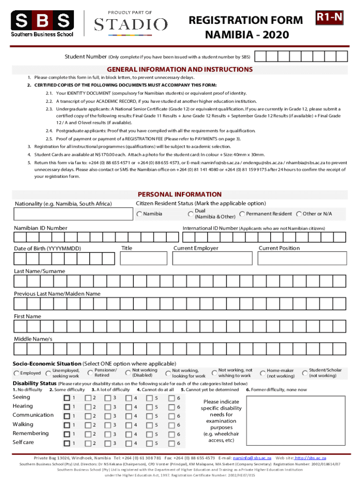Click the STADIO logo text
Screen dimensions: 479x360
click(x=130, y=24)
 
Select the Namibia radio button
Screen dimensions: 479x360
click(x=139, y=214)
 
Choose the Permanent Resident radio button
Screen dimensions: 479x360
click(x=242, y=214)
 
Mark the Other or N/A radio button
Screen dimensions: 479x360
click(x=299, y=214)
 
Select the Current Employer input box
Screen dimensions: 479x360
click(x=213, y=258)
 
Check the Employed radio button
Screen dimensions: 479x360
click(x=17, y=373)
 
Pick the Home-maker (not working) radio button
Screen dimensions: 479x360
click(x=263, y=373)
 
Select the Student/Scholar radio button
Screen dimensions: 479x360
click(x=305, y=373)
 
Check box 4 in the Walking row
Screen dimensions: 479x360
click(x=129, y=425)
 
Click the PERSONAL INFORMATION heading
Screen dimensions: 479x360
click(x=180, y=194)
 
